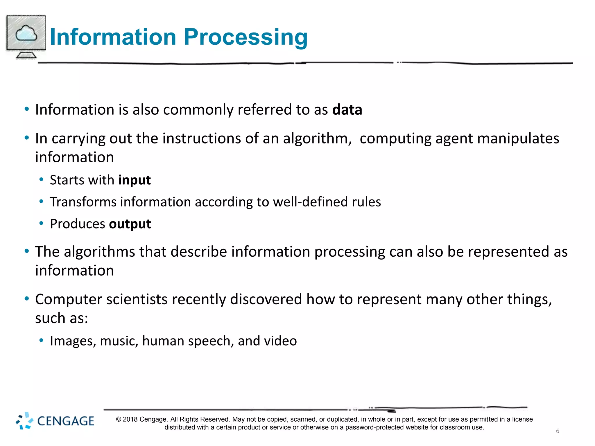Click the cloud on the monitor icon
[x=26, y=33]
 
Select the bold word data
[x=347, y=110]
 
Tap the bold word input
[x=135, y=180]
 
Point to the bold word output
[x=130, y=224]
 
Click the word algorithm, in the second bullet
[x=317, y=139]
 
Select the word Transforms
[x=83, y=202]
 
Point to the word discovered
[x=266, y=299]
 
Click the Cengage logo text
[x=66, y=421]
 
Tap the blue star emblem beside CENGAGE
[x=24, y=421]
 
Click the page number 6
[x=558, y=431]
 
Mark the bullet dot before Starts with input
[x=41, y=180]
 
